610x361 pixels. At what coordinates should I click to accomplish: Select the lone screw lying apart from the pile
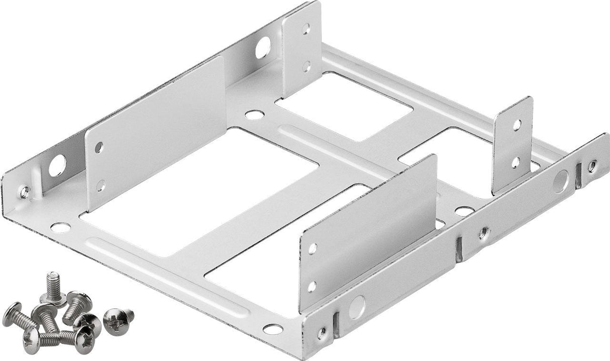coord(119,317)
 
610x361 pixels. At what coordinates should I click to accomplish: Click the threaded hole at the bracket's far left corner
coord(24,192)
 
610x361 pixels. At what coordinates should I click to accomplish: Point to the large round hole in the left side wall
coord(57,165)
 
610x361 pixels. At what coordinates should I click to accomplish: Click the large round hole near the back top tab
coord(262,48)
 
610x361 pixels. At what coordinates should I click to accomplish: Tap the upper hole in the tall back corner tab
coord(306,29)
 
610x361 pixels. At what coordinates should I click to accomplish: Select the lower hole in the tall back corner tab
coord(306,65)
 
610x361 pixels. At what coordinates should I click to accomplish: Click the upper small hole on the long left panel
coord(98,148)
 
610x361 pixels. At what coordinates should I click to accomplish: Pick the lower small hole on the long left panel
coord(100,185)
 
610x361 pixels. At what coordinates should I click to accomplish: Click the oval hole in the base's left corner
coord(60,227)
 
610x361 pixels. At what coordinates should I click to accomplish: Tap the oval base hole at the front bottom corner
coord(273,329)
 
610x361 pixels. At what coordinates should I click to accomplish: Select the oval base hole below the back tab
coord(254,115)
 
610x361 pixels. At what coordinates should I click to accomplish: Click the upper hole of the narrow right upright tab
coord(517,125)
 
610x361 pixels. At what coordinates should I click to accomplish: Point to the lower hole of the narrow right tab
coord(516,162)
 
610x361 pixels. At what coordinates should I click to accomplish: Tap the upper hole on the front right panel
coord(313,248)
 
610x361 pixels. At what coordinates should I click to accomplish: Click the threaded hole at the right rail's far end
coord(593,165)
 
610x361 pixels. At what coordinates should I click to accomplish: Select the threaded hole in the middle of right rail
coord(483,232)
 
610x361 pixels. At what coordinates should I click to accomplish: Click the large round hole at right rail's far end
coord(561,181)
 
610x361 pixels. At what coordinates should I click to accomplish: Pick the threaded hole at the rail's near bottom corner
coord(322,333)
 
